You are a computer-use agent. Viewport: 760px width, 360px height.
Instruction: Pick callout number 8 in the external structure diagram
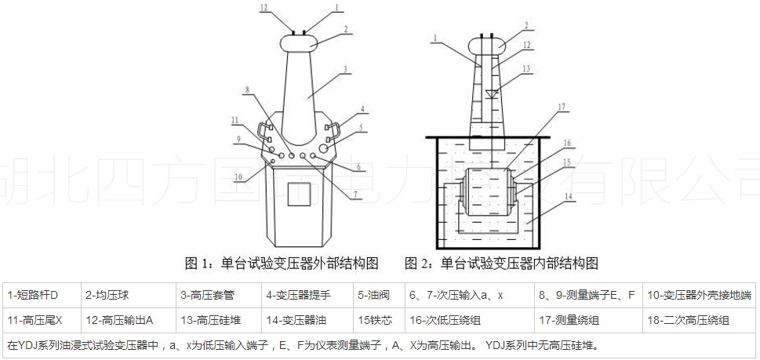pos(249,92)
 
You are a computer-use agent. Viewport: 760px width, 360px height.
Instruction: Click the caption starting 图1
pos(282,263)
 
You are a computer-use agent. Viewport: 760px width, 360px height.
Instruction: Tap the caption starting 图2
pos(502,263)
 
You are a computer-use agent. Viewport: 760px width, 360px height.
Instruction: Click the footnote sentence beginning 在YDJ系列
pos(306,344)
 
